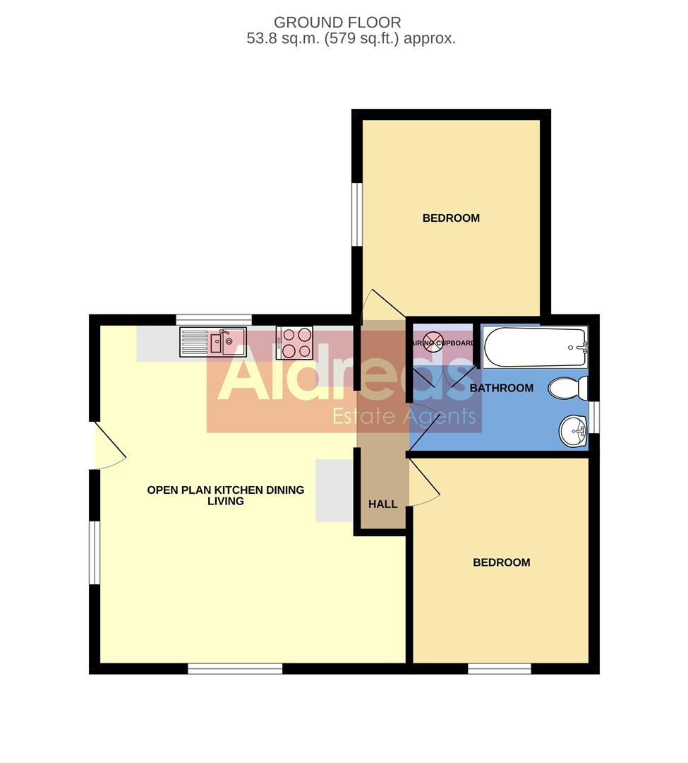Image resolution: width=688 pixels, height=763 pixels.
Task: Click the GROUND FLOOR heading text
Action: (x=337, y=23)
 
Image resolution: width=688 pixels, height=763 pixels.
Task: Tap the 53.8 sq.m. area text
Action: (x=351, y=39)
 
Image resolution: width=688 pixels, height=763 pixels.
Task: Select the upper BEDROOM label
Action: (x=451, y=218)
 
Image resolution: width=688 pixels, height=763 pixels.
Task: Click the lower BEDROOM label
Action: (x=501, y=562)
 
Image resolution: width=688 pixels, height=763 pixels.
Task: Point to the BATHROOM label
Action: (x=502, y=388)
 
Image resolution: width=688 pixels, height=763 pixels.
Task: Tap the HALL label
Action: (x=383, y=504)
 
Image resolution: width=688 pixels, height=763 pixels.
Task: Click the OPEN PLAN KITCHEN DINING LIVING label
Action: (x=226, y=495)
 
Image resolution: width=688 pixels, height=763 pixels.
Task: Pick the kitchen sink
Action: (x=213, y=343)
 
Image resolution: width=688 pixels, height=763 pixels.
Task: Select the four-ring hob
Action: (x=295, y=343)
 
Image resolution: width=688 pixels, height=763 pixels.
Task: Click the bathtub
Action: (x=535, y=346)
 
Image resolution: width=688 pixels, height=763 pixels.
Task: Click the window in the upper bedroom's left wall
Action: (x=357, y=215)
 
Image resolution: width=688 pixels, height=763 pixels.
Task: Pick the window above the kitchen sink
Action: (x=214, y=319)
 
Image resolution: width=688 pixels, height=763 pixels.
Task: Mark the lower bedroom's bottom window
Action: (x=500, y=668)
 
